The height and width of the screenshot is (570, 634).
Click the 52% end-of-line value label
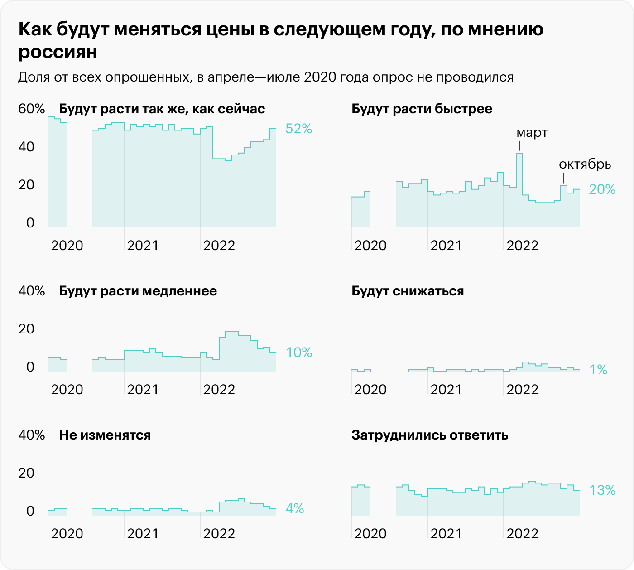(x=299, y=129)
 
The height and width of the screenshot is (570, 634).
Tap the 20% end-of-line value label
(x=602, y=189)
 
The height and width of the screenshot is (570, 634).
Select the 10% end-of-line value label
(x=299, y=353)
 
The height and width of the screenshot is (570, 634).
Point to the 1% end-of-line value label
(x=598, y=370)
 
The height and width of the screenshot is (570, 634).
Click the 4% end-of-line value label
(x=295, y=509)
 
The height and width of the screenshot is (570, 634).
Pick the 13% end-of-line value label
(x=602, y=490)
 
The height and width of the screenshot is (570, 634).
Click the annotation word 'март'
(x=532, y=133)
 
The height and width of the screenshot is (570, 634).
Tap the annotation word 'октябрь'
(x=585, y=164)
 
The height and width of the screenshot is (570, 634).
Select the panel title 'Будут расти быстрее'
(x=422, y=109)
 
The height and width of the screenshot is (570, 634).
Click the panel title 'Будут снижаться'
(x=408, y=291)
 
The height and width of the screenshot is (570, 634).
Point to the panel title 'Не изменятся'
(x=105, y=435)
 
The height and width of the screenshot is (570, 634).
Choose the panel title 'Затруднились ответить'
(x=430, y=435)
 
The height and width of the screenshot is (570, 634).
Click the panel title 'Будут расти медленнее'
(x=138, y=291)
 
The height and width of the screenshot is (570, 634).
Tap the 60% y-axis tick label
(x=32, y=109)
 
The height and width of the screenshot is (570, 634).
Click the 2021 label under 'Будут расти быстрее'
(x=446, y=246)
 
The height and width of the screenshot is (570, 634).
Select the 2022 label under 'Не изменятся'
(x=219, y=534)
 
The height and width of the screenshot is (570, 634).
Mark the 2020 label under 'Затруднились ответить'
(x=370, y=534)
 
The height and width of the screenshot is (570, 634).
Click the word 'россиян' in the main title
(x=58, y=53)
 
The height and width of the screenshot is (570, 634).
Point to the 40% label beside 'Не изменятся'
(x=32, y=435)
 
